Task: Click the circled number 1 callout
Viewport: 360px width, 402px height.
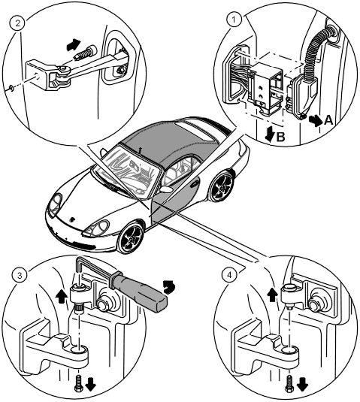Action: [234, 20]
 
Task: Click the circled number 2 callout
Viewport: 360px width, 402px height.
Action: [17, 23]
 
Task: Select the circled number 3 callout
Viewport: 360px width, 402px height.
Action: [20, 276]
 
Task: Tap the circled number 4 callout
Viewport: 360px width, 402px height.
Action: [229, 275]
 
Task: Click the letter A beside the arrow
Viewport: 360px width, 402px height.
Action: [328, 120]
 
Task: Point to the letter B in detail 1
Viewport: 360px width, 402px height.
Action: [281, 138]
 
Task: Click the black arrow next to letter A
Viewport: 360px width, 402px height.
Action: [316, 120]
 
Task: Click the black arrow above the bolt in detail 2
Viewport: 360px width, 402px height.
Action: [73, 44]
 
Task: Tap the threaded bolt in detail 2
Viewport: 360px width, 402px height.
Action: [85, 53]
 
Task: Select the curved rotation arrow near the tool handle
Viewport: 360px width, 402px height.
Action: [169, 286]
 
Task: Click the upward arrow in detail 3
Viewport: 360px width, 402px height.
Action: [62, 296]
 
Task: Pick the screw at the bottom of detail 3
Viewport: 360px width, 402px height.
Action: [78, 382]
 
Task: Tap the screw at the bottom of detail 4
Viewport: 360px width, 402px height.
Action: [289, 383]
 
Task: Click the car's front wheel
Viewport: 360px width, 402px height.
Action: [131, 237]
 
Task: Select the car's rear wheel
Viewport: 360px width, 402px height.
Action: [222, 186]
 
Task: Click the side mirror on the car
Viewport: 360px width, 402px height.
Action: [166, 189]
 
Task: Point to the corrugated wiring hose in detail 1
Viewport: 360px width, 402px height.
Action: [316, 51]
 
